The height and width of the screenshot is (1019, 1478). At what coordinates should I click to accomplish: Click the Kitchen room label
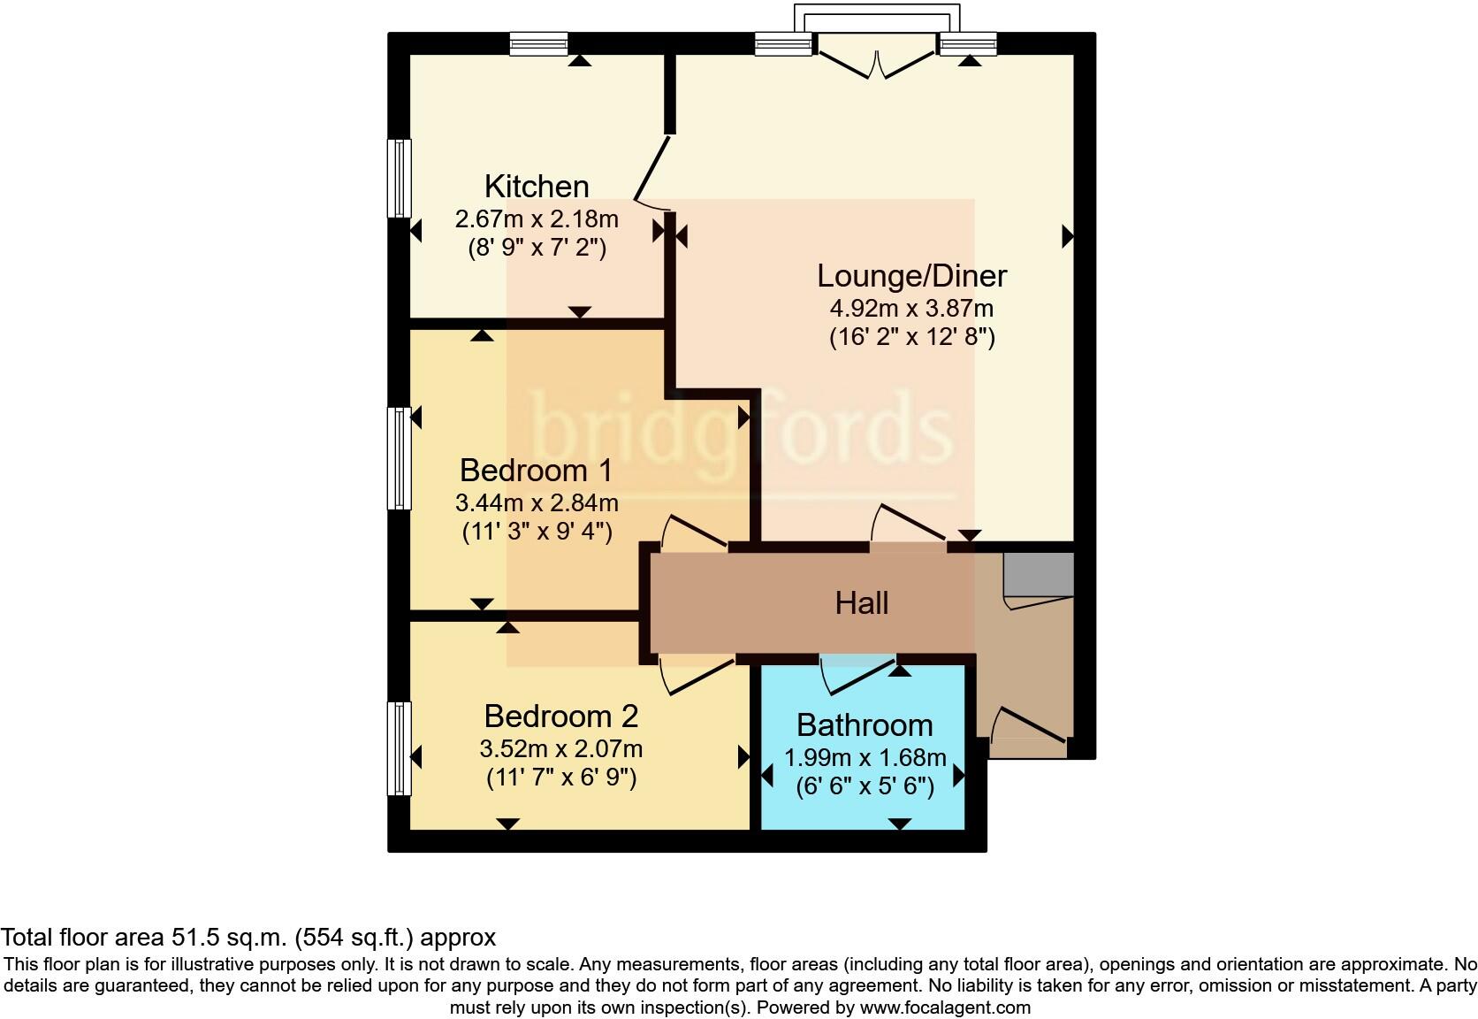(x=537, y=187)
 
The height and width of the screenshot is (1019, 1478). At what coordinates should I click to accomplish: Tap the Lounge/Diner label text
(x=911, y=276)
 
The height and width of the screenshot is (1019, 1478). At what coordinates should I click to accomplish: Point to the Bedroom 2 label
(x=560, y=716)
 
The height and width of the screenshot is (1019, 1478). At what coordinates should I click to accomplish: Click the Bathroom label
(x=865, y=725)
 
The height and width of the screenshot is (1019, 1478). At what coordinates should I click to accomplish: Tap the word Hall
(x=861, y=603)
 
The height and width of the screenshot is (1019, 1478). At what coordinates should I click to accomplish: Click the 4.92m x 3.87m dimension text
(x=911, y=309)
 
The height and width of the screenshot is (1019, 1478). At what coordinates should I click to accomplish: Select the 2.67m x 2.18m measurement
(x=537, y=218)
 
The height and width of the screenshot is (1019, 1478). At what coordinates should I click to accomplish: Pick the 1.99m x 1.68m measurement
(x=865, y=758)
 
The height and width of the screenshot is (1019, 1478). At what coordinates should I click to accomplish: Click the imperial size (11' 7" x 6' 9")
(x=560, y=778)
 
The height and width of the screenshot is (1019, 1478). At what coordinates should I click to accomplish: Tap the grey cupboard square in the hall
(x=1039, y=574)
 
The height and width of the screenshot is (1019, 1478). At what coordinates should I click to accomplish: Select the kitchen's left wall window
(x=400, y=178)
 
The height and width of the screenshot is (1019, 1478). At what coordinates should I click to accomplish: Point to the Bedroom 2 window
(x=400, y=748)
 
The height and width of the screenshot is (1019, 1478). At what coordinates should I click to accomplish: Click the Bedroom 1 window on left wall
(x=400, y=458)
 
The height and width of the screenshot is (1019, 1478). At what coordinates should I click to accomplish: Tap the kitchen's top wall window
(x=538, y=43)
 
